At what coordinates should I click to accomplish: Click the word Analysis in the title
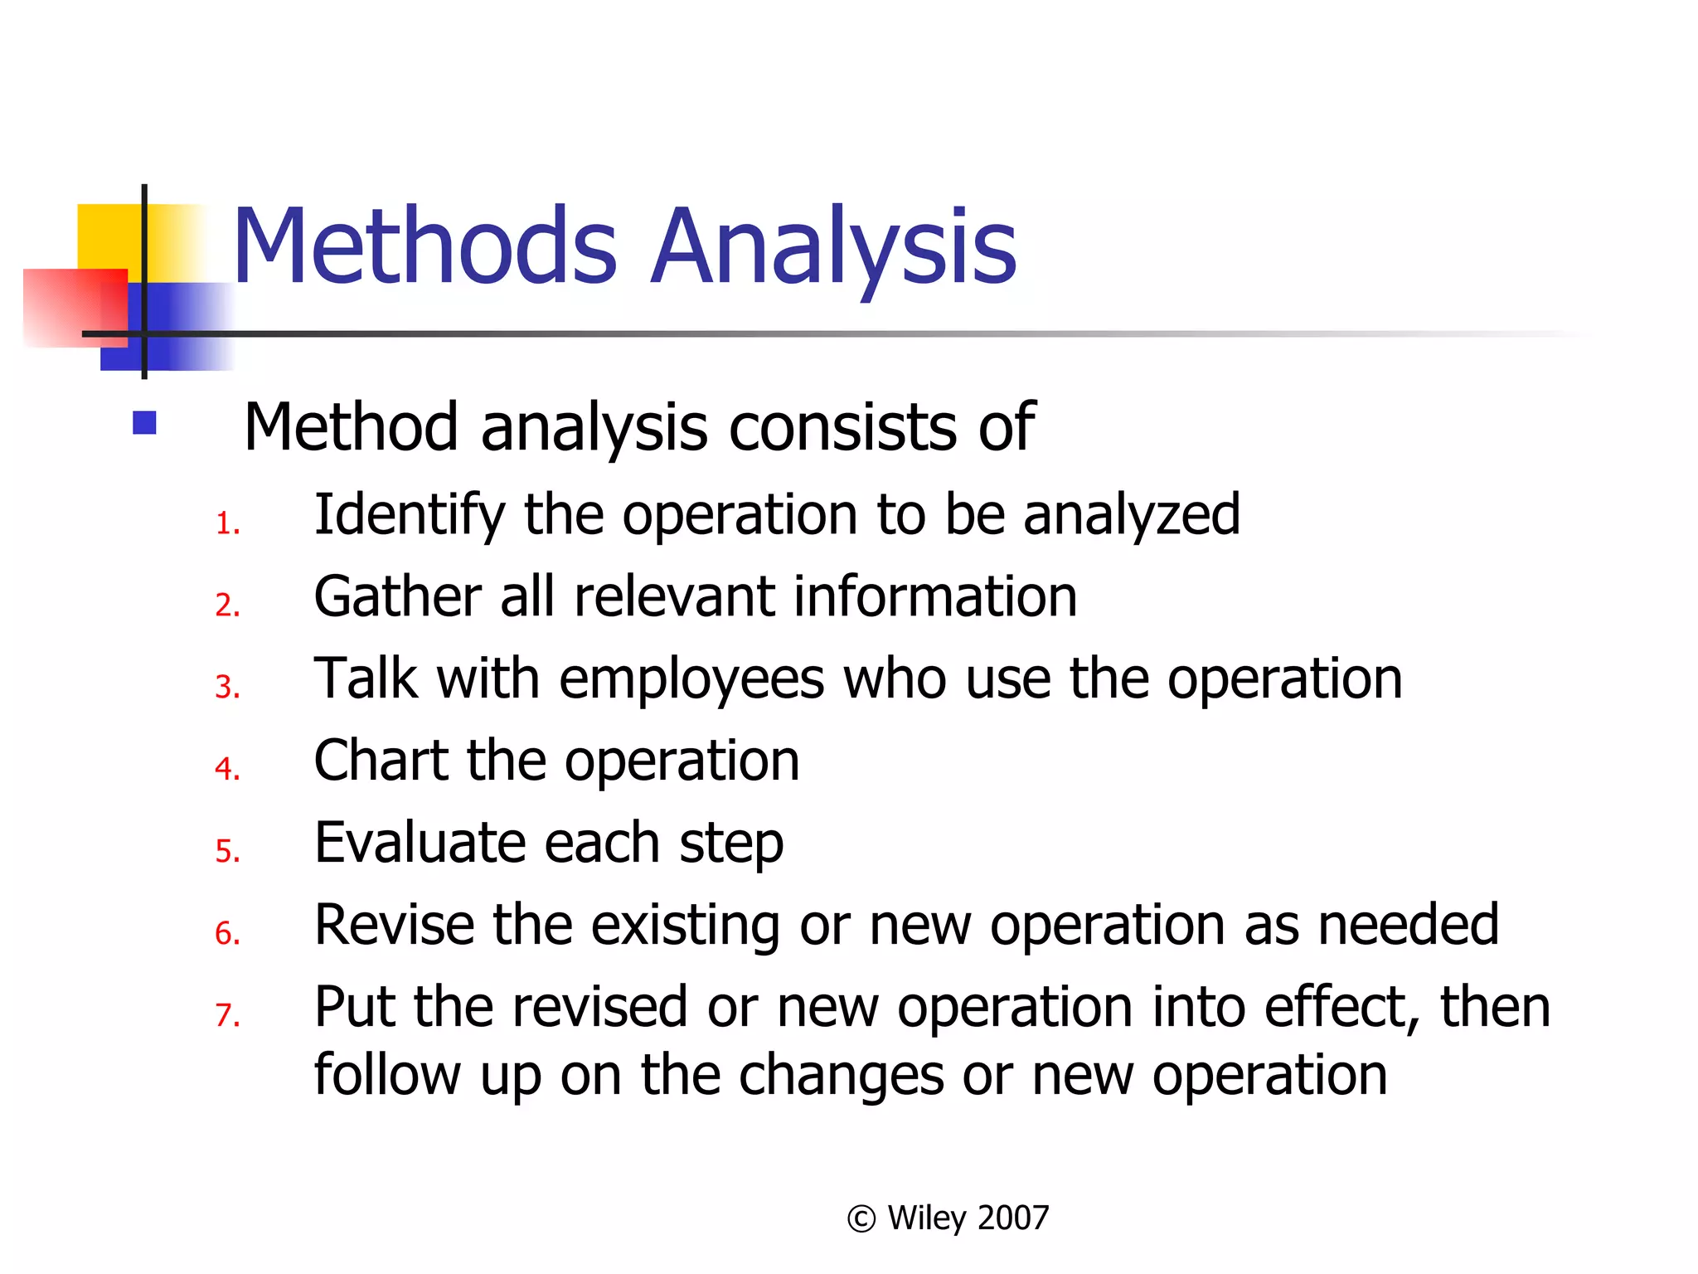tap(832, 247)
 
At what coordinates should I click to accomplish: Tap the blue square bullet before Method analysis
tap(144, 423)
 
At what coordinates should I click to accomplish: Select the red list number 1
tap(226, 524)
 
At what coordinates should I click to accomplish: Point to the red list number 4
tap(226, 769)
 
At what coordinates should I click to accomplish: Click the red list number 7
tap(226, 1015)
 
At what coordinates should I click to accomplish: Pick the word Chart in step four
tap(382, 761)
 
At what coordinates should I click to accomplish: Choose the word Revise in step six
tap(395, 925)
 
